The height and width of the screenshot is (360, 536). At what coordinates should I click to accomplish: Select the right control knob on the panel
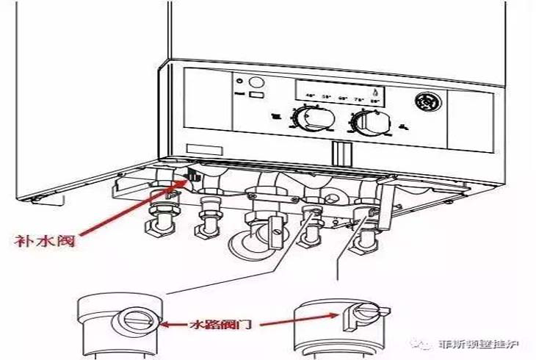click(x=365, y=122)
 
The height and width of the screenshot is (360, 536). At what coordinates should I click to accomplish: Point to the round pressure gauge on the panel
click(x=427, y=103)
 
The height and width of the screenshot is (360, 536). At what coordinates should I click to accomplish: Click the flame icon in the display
click(x=377, y=93)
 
